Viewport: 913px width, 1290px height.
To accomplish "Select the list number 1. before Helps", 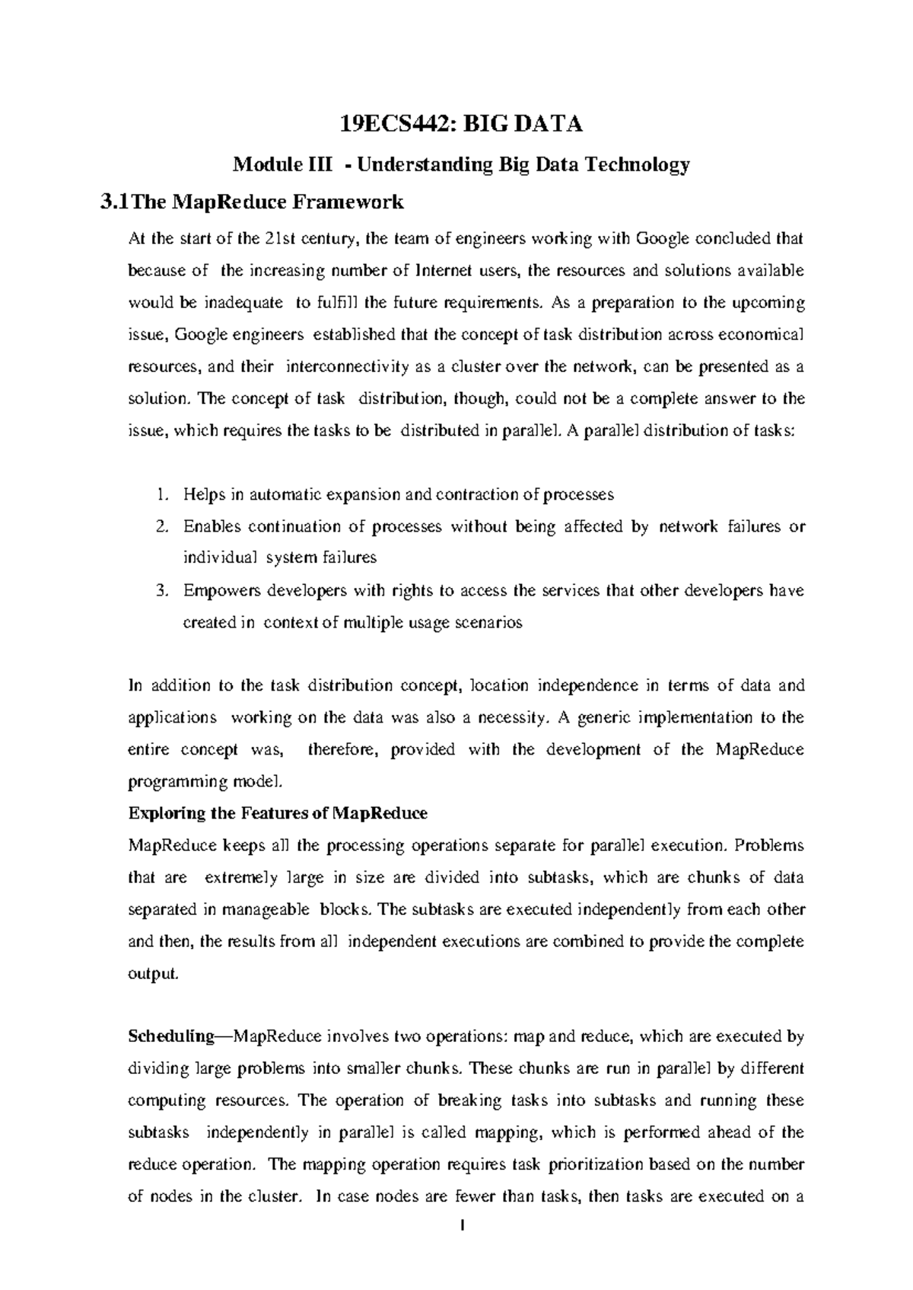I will [x=161, y=495].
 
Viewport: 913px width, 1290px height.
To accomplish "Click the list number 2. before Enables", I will [x=161, y=527].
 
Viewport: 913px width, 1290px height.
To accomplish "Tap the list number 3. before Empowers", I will [x=161, y=591].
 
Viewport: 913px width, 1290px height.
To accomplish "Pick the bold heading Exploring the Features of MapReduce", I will [x=278, y=814].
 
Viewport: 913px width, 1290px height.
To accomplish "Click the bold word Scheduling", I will [x=172, y=1037].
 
